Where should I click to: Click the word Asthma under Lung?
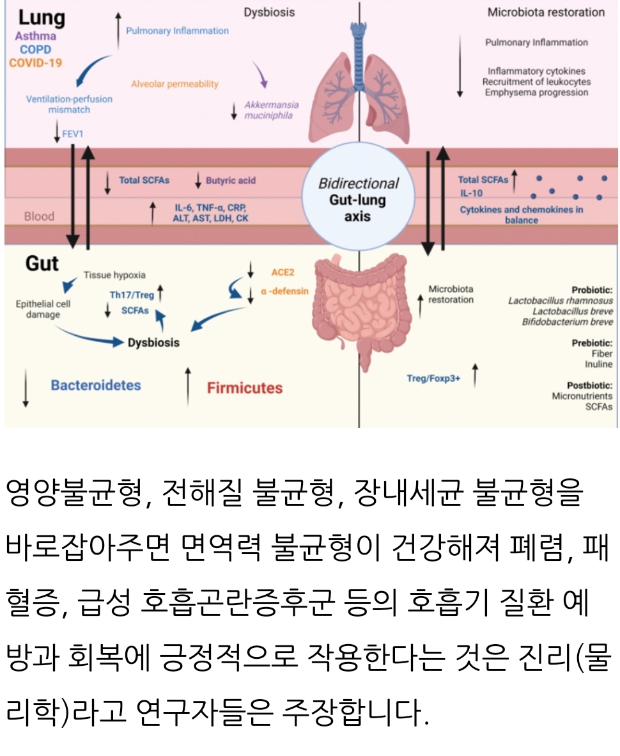35,36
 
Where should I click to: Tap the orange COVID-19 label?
36,63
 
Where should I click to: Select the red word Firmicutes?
245,388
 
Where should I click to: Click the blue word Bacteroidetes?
96,385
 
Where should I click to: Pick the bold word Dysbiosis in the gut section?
153,342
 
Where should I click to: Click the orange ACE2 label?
282,271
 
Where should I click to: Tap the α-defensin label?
285,290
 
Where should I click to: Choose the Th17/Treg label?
132,295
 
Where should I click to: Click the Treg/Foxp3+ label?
433,379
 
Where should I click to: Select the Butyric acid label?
230,180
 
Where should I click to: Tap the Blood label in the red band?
39,216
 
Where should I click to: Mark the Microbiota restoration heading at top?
546,12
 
